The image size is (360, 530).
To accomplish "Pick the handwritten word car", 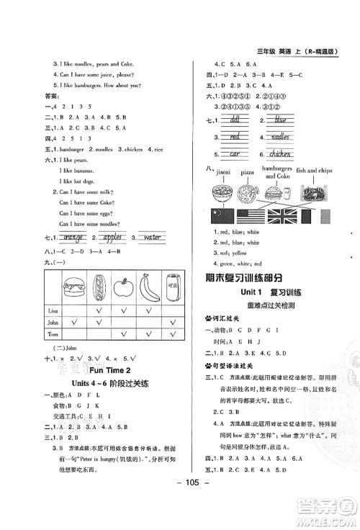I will (x=233, y=153).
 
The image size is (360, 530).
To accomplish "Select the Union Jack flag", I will (x=287, y=215).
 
